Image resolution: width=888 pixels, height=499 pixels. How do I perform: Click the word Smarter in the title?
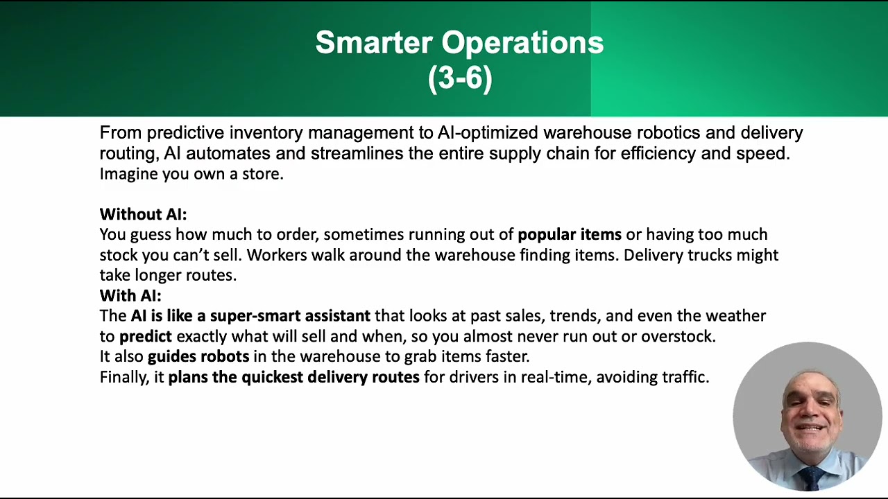tap(375, 43)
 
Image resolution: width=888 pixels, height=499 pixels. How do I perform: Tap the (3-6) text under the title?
tap(460, 78)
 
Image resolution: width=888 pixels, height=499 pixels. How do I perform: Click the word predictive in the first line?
tap(185, 132)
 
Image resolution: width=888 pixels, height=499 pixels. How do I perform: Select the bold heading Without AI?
tap(143, 214)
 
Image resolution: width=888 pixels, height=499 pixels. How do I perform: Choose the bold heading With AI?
tap(130, 295)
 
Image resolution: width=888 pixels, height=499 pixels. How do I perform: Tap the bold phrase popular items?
tap(569, 234)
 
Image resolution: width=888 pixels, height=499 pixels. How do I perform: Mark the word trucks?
tap(710, 255)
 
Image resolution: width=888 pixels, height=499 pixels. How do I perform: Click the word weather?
tap(735, 316)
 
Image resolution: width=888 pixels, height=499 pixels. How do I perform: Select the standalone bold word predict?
tap(145, 336)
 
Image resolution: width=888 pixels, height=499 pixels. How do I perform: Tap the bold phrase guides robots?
tap(198, 356)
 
